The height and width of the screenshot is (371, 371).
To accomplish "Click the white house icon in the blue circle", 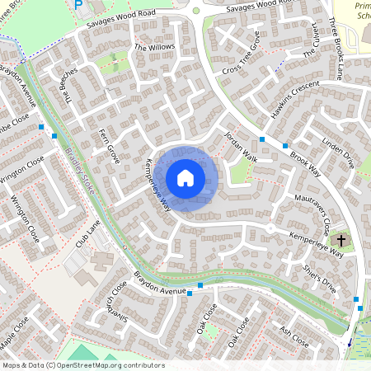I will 185,177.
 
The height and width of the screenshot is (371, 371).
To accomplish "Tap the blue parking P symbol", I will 79,5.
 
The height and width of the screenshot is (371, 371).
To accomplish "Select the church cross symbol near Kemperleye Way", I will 342,242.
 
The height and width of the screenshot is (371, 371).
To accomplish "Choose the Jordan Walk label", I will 242,146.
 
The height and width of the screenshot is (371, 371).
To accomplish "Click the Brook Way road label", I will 305,157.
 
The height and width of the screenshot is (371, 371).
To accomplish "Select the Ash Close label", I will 294,337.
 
